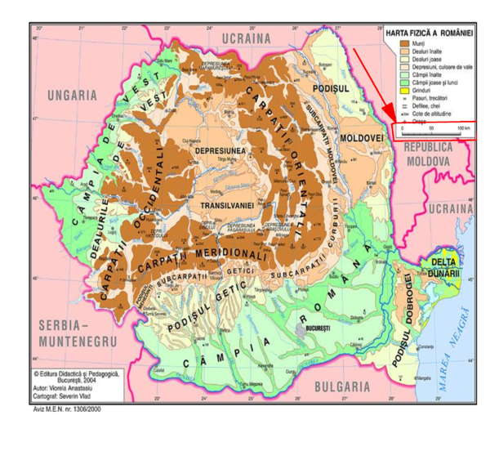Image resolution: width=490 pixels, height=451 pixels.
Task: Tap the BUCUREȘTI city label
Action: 319,328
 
